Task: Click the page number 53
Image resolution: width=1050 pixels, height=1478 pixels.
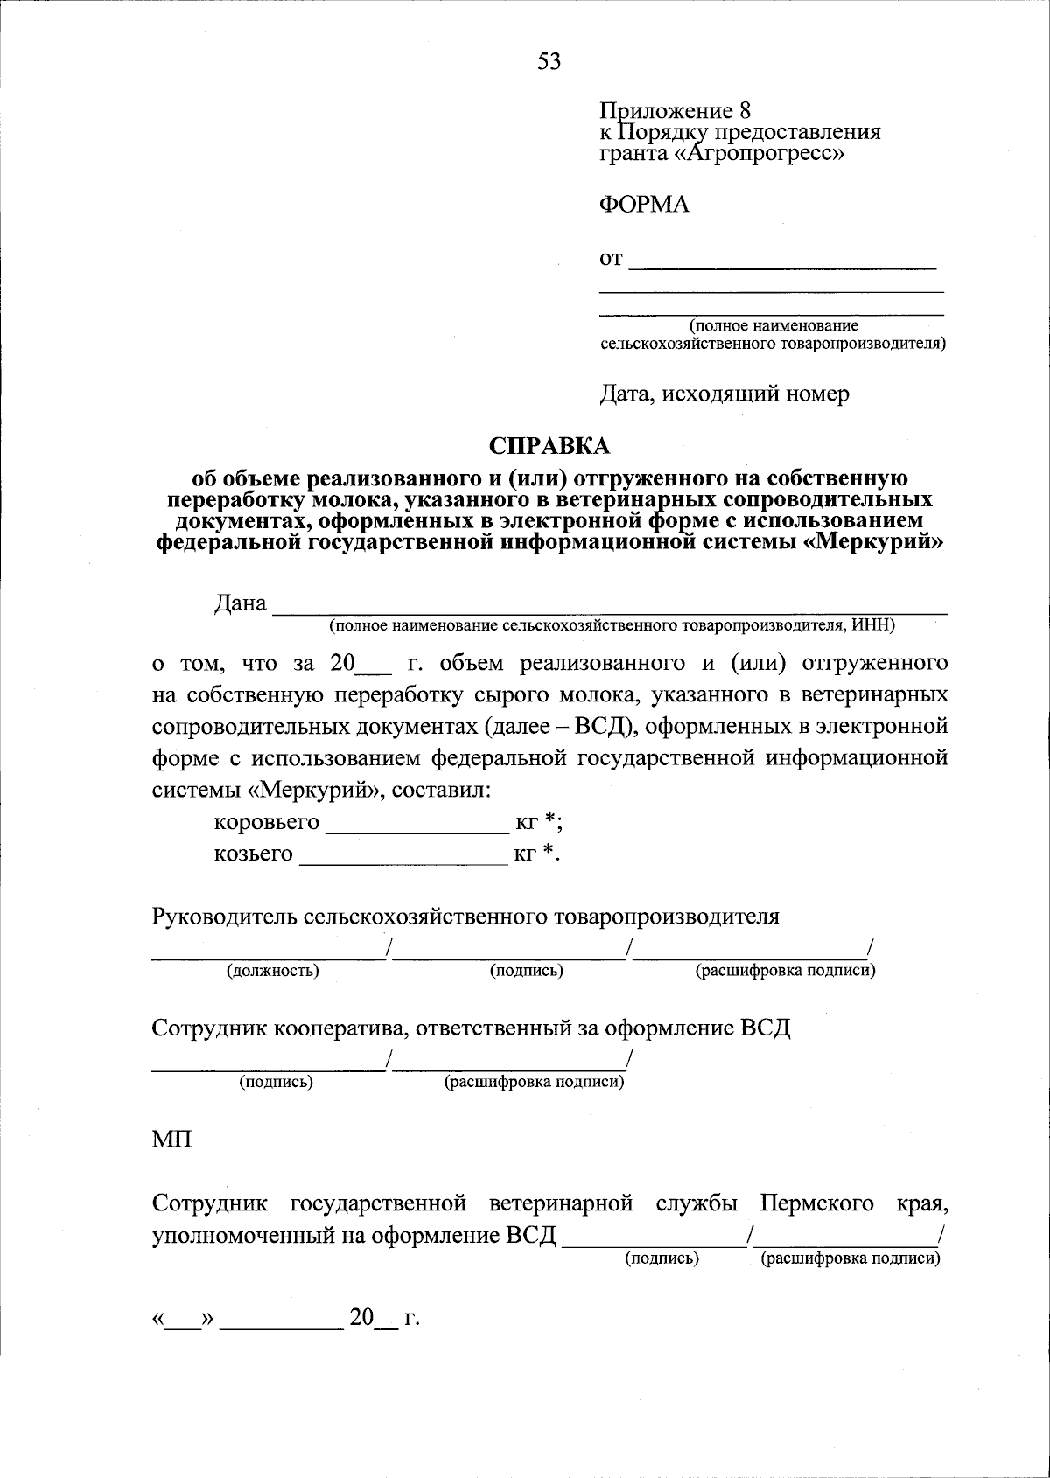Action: [549, 61]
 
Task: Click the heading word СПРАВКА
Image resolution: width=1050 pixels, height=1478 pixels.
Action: [549, 446]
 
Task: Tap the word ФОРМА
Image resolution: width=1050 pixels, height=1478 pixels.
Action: [644, 205]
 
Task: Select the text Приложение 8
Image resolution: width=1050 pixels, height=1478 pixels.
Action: [675, 111]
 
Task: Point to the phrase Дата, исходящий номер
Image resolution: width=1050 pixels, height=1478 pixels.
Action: [724, 394]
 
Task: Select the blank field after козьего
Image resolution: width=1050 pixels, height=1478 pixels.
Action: [403, 854]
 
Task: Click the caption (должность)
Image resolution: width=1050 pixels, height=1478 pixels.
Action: [273, 971]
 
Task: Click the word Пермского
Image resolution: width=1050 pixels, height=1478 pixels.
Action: [816, 1203]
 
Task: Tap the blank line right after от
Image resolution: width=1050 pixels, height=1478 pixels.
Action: [782, 261]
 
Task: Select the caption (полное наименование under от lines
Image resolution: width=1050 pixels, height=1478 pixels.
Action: [773, 326]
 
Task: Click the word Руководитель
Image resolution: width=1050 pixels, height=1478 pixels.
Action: [224, 917]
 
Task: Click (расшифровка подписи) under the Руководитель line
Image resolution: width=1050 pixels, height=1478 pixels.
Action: [785, 971]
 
